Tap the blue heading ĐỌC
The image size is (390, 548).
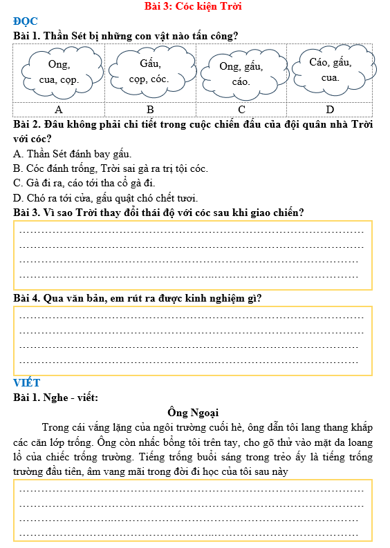26,21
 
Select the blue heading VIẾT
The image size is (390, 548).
27,383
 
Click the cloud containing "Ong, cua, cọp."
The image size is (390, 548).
59,72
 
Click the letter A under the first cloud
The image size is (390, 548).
59,110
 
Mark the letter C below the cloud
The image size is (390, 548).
241,110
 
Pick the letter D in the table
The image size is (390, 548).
330,110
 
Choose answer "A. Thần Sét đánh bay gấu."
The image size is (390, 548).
72,154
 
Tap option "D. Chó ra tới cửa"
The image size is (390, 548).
90,197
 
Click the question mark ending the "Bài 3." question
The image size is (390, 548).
301,213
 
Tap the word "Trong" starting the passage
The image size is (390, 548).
56,427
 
